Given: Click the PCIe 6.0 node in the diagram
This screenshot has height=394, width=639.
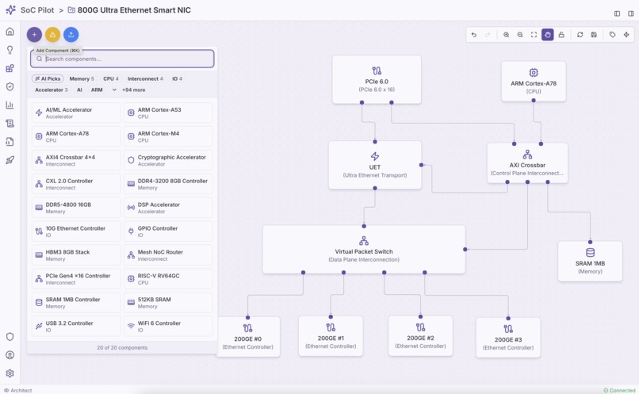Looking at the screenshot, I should tap(377, 79).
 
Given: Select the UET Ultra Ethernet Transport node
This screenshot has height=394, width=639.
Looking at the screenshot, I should tap(375, 165).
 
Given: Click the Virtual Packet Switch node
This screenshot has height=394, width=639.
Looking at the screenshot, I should tap(364, 249).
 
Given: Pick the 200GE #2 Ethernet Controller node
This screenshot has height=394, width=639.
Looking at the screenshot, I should tap(420, 335).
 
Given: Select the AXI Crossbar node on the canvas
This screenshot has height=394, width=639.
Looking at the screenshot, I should tap(527, 163).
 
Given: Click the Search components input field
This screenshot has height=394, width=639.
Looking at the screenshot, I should tap(127, 59).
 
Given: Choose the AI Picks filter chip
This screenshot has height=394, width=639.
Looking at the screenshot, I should tap(48, 79).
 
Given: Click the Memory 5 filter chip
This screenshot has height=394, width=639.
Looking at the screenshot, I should tap(81, 79).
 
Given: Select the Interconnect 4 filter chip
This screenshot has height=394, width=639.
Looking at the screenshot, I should tap(145, 79).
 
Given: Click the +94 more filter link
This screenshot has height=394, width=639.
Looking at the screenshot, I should tap(133, 90).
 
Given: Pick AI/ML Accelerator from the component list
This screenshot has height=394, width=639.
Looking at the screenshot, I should tap(76, 113).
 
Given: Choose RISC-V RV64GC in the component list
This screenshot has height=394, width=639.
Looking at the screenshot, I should tap(168, 279).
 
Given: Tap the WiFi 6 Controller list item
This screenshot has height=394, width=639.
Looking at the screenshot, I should tap(168, 327).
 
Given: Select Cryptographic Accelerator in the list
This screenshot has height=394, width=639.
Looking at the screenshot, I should tap(168, 160).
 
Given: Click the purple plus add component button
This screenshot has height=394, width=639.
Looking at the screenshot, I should tap(34, 35).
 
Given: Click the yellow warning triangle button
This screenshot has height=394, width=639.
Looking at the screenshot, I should tap(52, 35).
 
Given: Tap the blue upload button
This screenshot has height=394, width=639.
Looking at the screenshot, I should tap(71, 35).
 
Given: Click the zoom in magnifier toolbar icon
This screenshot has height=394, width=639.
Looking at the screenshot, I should tap(507, 35).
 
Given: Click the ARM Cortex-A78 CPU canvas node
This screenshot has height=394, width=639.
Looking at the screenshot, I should tap(534, 81).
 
